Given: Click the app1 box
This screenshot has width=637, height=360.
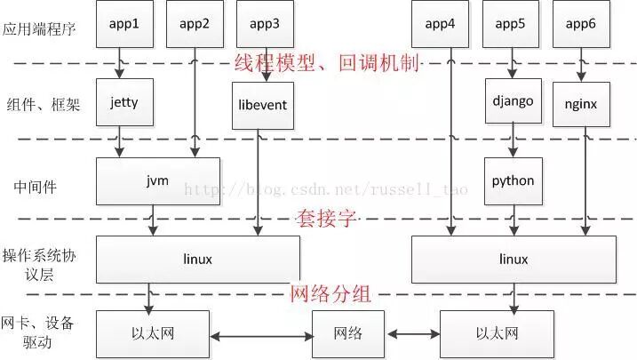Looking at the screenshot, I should click(x=124, y=24).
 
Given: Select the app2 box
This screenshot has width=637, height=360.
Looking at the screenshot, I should click(x=195, y=24).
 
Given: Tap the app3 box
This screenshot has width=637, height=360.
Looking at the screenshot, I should click(x=264, y=24).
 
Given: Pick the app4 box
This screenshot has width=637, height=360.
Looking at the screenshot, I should click(x=440, y=24).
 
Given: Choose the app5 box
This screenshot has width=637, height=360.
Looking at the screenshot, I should click(x=511, y=24).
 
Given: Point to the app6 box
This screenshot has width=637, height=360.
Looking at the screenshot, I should click(x=580, y=24).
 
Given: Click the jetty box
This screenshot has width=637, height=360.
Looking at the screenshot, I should click(x=124, y=102).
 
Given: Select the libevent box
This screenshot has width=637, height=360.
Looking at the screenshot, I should click(x=263, y=105).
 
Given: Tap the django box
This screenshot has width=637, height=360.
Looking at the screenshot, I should click(x=513, y=100).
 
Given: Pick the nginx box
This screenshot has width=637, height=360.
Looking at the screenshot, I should click(x=581, y=103).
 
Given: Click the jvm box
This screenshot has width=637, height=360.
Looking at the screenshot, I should click(x=158, y=180).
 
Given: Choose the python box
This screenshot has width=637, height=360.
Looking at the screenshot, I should click(x=513, y=180).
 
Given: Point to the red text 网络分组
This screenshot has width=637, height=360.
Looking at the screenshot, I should click(x=330, y=293).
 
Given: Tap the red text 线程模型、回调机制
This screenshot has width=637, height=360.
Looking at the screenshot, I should click(x=327, y=63).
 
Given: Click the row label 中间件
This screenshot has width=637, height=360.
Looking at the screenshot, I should click(x=37, y=187).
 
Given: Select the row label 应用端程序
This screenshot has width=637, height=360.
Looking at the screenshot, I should click(x=39, y=29).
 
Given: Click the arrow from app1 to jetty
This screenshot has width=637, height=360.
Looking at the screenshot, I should click(x=119, y=62).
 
